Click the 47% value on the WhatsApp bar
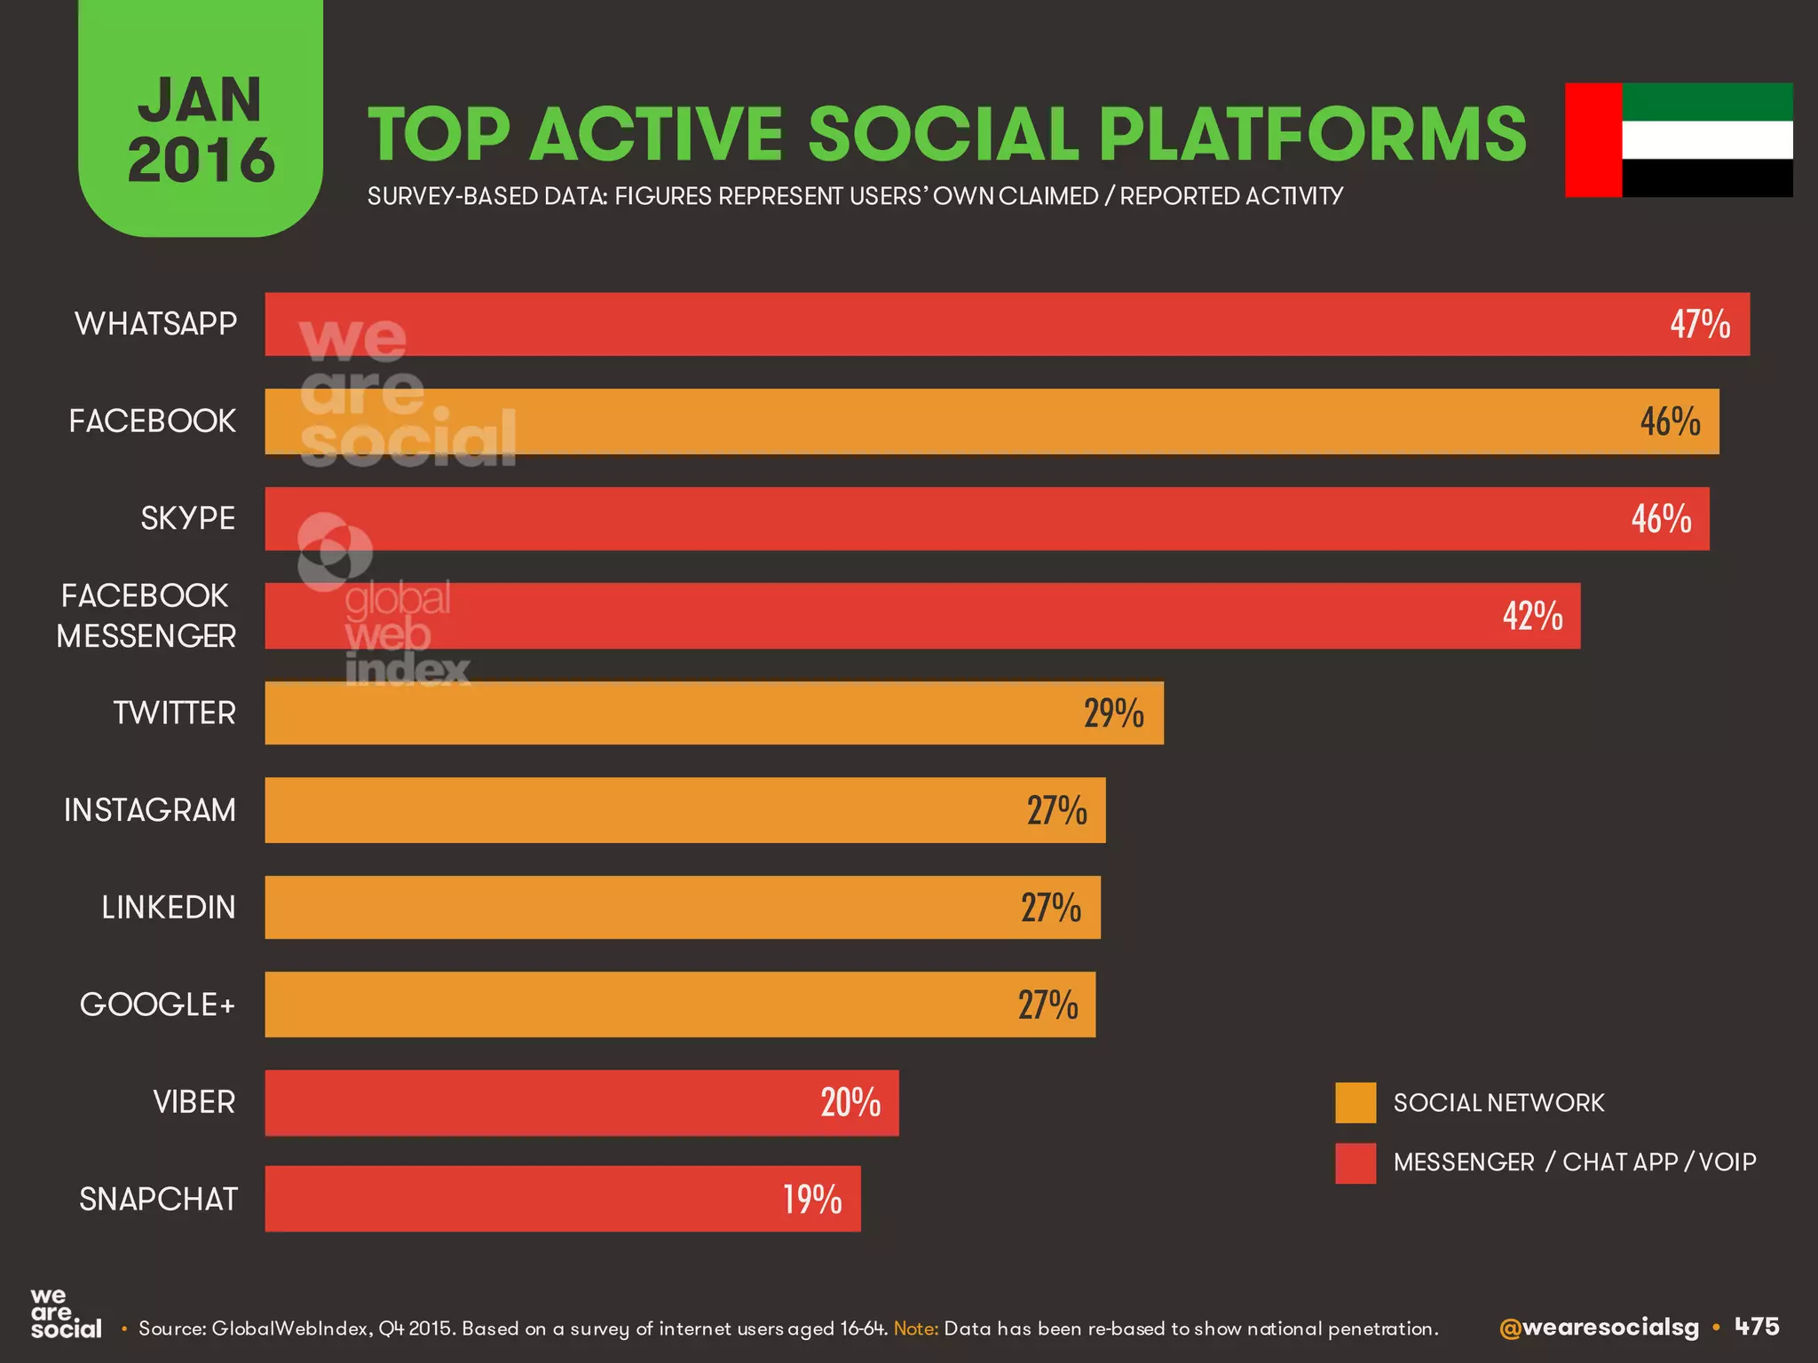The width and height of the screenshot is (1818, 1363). pos(1700,324)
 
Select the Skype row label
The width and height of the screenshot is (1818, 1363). pos(187,518)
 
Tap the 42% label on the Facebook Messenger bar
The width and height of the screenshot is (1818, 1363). pos(1532,616)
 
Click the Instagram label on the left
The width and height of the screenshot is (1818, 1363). pos(150,810)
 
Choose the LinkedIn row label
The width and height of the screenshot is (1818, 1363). pos(169,908)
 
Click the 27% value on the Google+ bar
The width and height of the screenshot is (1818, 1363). pos(1047,1005)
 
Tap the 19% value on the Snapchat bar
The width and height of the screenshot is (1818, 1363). pos(812,1200)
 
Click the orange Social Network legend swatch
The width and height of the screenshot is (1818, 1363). pos(1356,1103)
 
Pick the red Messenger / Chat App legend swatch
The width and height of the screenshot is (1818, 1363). pos(1356,1162)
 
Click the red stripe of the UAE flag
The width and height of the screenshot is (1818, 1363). pos(1593,140)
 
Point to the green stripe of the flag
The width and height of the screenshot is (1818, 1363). pos(1707,102)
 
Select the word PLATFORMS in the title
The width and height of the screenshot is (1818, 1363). pos(1312,135)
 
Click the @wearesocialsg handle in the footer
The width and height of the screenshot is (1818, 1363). pos(1599,1328)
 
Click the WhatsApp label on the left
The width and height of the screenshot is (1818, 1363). pos(155,324)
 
